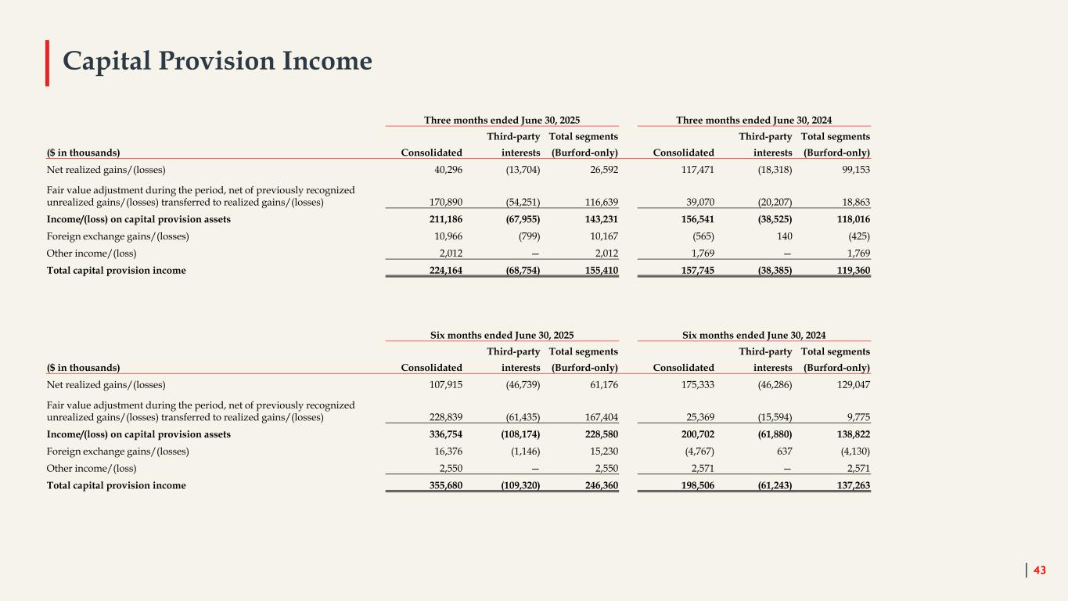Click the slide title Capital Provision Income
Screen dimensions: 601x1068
(x=218, y=61)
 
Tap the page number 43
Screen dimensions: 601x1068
(x=1039, y=570)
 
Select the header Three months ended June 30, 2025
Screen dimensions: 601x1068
(x=502, y=120)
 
